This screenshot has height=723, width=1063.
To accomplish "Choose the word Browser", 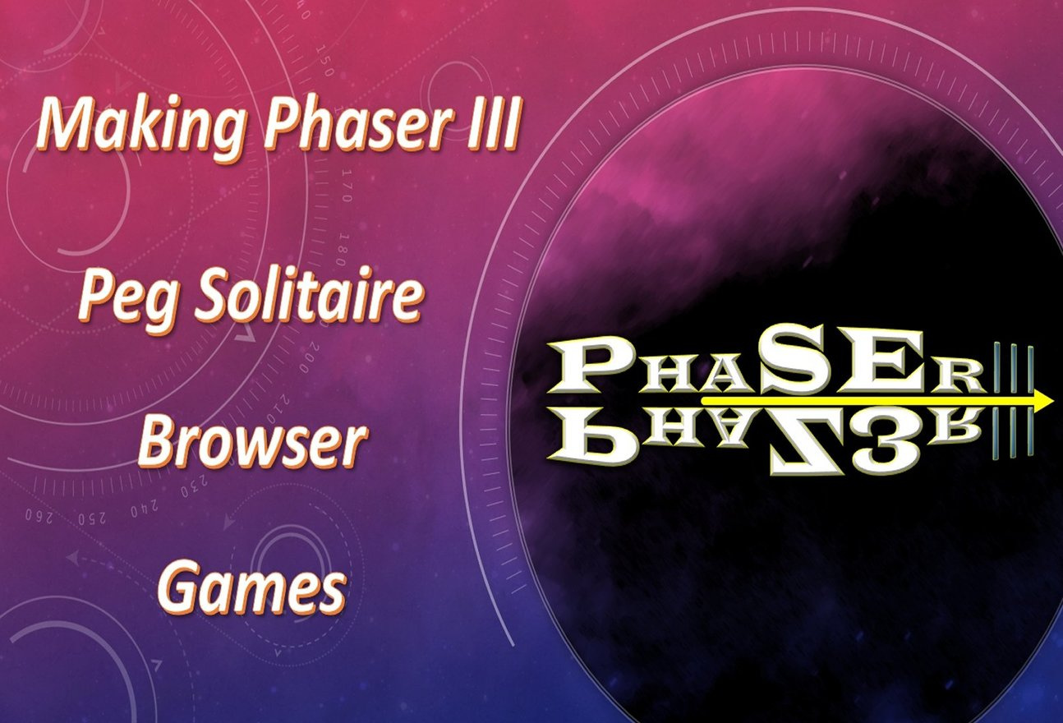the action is pyautogui.click(x=252, y=443).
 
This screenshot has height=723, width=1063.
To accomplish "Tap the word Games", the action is pyautogui.click(x=251, y=587).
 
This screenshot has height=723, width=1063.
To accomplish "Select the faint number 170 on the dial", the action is pyautogui.click(x=346, y=185).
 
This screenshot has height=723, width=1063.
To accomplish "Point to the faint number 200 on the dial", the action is pyautogui.click(x=309, y=357).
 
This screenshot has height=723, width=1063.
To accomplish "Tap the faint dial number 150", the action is pyautogui.click(x=325, y=60).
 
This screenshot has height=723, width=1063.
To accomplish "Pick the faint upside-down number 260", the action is pyautogui.click(x=39, y=515).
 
